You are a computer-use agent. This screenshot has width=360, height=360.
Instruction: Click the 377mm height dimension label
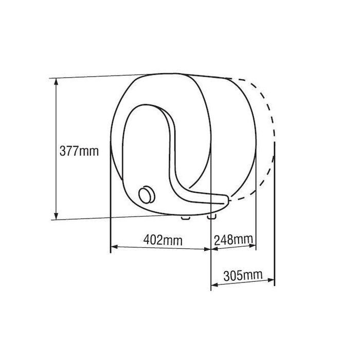point(79,151)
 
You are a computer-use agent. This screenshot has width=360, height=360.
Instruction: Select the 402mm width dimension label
point(163,240)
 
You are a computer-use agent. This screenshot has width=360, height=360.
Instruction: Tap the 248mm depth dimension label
point(233,240)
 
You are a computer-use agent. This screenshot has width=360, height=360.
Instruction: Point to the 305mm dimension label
point(243,276)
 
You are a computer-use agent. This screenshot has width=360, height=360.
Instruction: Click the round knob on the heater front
point(147,195)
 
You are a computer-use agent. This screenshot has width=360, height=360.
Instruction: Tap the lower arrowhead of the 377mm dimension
point(56,216)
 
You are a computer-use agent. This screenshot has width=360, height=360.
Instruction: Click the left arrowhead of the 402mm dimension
point(114,247)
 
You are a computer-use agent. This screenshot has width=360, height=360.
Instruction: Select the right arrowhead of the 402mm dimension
point(207,249)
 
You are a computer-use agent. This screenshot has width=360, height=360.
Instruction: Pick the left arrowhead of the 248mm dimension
point(214,248)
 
